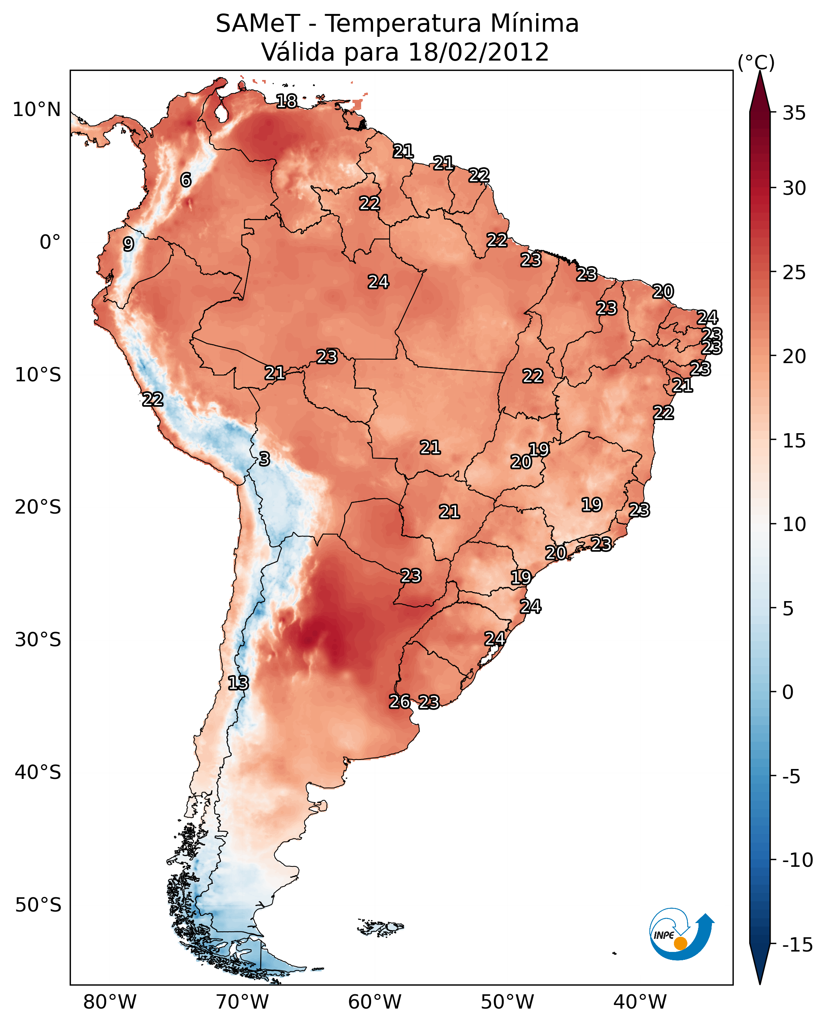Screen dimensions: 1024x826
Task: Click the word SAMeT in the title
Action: coord(257,24)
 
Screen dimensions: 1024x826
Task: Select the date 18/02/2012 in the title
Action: coord(478,52)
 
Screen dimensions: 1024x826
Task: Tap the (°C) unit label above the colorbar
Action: coord(756,62)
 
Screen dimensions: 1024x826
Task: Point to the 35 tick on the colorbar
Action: coord(794,113)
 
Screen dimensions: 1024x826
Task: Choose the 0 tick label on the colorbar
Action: coord(788,692)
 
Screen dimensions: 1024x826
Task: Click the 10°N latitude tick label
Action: coord(37,110)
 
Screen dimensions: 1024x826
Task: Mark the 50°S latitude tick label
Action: coord(38,905)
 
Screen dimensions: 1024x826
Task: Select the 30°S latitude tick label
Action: coord(38,640)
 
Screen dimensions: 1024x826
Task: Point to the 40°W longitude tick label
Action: coord(640,1002)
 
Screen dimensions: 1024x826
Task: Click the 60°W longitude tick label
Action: coord(375,1002)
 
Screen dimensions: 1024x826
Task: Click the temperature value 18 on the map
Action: coord(286,101)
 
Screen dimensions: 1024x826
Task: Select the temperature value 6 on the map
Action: coord(186,180)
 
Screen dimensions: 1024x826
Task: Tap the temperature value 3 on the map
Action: coord(264,459)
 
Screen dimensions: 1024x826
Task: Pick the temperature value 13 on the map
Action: coord(238,683)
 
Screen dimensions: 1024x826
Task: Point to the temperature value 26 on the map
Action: coord(400,701)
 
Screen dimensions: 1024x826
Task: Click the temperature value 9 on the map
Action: coord(128,244)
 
